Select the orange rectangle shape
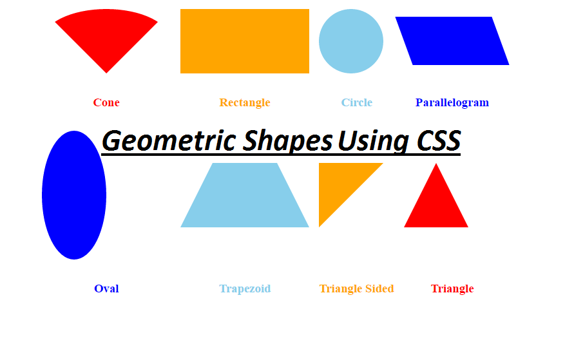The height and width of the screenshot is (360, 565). tap(245, 41)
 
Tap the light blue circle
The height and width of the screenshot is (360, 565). tap(351, 41)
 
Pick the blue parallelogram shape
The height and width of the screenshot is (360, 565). tap(452, 41)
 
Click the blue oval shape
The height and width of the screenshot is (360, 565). tap(74, 195)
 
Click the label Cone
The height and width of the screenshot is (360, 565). tap(106, 102)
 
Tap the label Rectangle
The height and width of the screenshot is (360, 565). tap(245, 102)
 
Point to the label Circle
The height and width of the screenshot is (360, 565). tap(357, 102)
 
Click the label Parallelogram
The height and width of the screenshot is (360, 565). tap(452, 102)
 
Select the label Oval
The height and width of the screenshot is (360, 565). tap(106, 289)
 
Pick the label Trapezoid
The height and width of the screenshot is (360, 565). tap(245, 289)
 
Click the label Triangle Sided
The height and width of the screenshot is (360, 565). tap(356, 289)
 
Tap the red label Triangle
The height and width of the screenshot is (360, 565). tap(452, 289)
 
